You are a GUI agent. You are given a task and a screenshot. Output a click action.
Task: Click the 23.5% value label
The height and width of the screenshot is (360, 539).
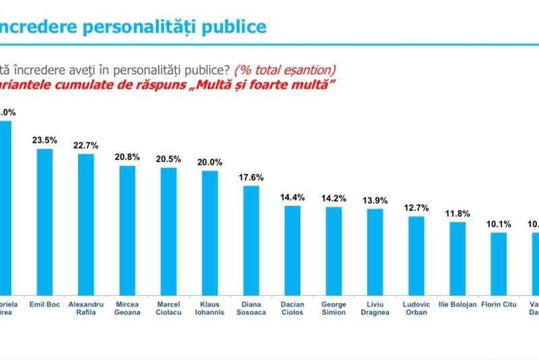44,140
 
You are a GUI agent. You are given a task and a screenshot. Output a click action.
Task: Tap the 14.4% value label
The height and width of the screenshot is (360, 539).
292,197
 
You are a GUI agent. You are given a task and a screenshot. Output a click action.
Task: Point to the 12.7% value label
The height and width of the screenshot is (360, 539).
416,207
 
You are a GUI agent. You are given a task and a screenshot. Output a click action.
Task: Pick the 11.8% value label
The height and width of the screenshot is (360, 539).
457,213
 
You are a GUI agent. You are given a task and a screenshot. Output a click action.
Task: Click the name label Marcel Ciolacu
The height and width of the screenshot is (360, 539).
168,308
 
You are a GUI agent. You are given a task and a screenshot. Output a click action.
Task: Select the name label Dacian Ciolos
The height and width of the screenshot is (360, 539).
292,308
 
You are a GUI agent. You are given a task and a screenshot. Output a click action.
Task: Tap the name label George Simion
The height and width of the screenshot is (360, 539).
334,308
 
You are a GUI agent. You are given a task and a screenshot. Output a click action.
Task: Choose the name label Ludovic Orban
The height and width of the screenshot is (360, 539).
416,308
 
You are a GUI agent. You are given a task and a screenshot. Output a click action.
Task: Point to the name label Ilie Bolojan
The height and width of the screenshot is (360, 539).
457,305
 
